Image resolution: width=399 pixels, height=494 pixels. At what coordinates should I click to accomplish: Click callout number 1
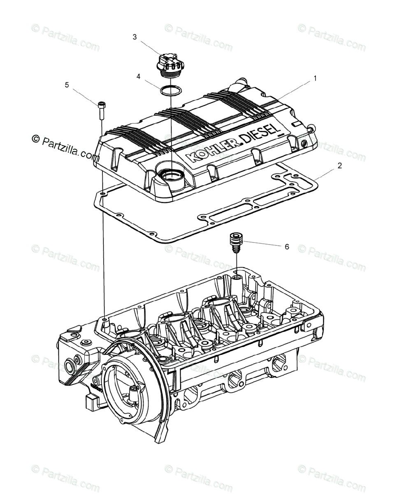315,78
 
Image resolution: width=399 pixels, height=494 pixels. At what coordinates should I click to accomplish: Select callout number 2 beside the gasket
340,166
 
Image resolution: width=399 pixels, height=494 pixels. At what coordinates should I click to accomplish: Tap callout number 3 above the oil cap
135,37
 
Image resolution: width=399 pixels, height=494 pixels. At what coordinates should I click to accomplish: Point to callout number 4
139,76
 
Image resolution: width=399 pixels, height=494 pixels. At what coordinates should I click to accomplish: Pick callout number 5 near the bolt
67,85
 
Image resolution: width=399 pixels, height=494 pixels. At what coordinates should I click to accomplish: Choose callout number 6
287,247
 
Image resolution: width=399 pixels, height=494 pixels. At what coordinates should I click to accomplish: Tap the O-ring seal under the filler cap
170,90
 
